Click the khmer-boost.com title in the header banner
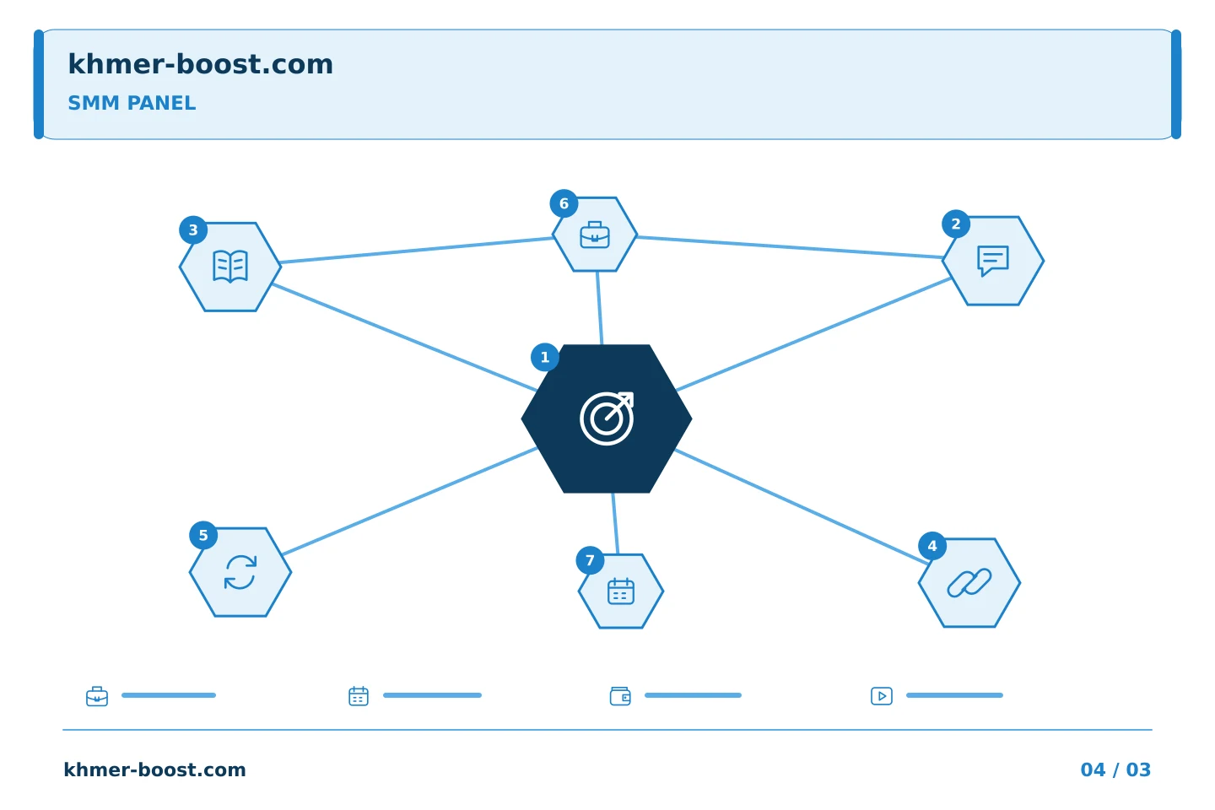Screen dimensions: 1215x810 (200, 64)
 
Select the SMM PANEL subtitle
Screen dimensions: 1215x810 (132, 103)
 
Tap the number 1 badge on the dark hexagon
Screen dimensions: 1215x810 (545, 358)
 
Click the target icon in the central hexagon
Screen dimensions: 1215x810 (607, 418)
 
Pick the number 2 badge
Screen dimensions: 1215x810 (956, 224)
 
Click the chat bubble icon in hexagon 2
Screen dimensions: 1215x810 (993, 261)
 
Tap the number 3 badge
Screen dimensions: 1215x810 (193, 230)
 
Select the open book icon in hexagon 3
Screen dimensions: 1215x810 (230, 267)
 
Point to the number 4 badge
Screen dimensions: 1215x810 (932, 546)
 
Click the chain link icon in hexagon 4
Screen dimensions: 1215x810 (969, 583)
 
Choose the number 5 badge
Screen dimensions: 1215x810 (203, 536)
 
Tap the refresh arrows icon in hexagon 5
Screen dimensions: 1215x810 (240, 572)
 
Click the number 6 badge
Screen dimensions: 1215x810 (564, 203)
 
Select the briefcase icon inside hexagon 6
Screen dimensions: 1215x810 (595, 235)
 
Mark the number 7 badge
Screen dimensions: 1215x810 (590, 560)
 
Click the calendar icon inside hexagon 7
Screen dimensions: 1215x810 (621, 591)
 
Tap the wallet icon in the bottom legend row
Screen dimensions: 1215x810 (620, 696)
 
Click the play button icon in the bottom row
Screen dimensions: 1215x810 (882, 696)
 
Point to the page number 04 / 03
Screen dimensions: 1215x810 (1115, 769)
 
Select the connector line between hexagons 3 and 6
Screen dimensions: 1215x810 (417, 250)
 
